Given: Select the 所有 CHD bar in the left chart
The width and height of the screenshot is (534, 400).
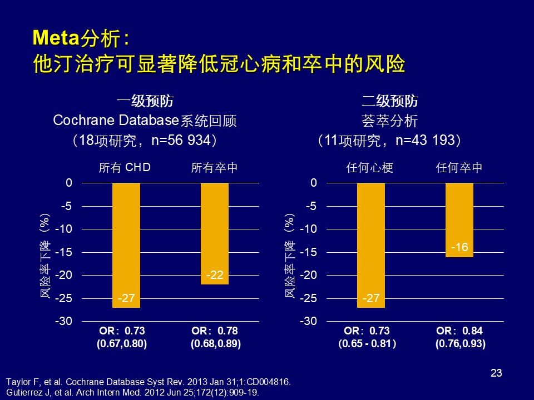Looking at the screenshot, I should [126, 244].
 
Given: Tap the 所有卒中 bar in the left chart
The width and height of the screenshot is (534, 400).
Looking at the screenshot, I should [215, 233].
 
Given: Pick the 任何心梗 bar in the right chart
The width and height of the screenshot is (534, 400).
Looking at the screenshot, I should [371, 244].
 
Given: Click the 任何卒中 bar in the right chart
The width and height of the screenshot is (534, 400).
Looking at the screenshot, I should [459, 219].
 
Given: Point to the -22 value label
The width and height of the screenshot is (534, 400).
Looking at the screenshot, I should [215, 275].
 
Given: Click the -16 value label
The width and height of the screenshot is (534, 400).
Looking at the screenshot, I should [459, 248].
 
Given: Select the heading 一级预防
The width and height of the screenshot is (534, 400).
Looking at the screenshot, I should [145, 102].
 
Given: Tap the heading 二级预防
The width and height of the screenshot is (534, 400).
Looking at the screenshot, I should [389, 102].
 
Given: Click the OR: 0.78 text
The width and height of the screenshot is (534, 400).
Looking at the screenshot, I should [215, 331].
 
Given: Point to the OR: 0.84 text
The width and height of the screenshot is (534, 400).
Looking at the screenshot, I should [459, 331].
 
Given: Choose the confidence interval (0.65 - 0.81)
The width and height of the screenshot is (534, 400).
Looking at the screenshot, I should [368, 344].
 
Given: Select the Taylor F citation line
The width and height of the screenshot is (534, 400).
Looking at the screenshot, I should [148, 382].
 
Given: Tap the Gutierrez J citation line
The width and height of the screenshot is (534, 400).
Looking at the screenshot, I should [132, 392].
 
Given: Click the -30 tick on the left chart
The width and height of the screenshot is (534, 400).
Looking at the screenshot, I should [66, 322].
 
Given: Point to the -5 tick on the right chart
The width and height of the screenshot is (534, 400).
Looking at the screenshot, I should [312, 206].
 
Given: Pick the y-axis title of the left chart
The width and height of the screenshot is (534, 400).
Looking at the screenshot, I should [46, 256].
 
